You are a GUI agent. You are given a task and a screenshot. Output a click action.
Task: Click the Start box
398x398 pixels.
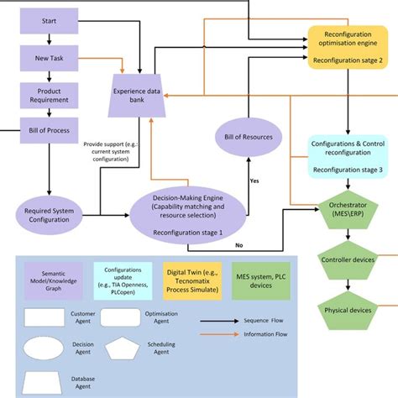click(x=50, y=19)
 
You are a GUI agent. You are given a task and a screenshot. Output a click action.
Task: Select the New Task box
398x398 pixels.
click(x=50, y=57)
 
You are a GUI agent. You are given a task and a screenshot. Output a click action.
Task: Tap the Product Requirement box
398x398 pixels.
click(x=50, y=95)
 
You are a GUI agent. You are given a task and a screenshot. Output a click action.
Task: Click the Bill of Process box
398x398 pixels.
click(x=50, y=131)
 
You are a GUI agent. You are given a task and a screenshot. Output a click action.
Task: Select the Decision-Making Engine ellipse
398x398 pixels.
click(x=187, y=214)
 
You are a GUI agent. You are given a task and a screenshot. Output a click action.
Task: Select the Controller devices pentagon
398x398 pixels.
click(x=347, y=261)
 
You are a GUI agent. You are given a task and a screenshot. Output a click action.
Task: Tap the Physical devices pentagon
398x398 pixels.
click(x=347, y=311)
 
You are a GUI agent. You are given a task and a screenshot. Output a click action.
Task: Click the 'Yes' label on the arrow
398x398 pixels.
click(x=254, y=180)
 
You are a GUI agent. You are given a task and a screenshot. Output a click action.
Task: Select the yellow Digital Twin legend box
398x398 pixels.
click(x=191, y=280)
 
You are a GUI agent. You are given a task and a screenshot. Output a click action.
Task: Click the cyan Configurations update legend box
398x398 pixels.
click(x=123, y=280)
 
